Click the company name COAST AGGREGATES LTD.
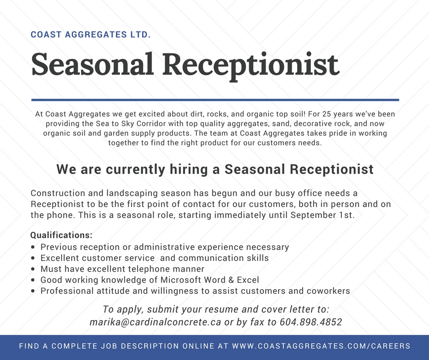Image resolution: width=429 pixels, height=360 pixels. (x=90, y=35)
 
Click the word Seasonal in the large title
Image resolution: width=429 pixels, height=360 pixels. (x=92, y=64)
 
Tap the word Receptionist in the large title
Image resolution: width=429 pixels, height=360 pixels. (x=251, y=66)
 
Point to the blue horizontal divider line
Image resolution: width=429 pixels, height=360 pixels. (x=215, y=100)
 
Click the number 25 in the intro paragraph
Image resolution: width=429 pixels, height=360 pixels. (x=327, y=114)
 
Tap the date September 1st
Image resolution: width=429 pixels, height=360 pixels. (x=322, y=215)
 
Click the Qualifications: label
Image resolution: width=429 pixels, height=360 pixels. (x=61, y=235)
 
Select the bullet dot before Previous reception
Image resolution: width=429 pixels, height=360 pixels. (x=33, y=247)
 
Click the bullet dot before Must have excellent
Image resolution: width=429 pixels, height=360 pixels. (x=33, y=269)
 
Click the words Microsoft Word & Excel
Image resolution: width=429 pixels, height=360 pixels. (x=209, y=280)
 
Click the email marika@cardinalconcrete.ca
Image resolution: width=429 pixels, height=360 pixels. (x=155, y=322)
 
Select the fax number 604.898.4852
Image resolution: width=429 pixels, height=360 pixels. (x=311, y=322)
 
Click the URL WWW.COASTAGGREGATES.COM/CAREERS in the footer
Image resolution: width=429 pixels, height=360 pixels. (x=321, y=346)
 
